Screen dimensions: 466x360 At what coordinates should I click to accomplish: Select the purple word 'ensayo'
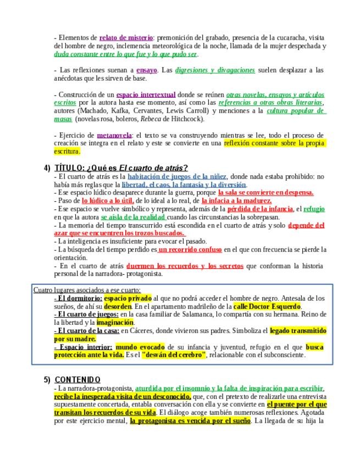[x=147, y=70]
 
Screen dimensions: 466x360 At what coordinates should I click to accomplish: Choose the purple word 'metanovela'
[x=114, y=135]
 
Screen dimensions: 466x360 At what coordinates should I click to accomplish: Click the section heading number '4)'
[x=47, y=168]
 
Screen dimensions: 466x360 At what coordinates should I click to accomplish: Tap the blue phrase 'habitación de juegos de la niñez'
[x=177, y=176]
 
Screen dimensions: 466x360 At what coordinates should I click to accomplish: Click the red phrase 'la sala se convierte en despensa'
[x=265, y=192]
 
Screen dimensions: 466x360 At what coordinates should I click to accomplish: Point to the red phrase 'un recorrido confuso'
[x=190, y=249]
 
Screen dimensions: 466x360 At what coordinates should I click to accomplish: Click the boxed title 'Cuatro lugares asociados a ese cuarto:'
[x=87, y=290]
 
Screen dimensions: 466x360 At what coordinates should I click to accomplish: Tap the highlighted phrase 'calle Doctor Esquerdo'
[x=267, y=306]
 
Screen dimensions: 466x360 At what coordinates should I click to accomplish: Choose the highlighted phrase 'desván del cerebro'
[x=173, y=355]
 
